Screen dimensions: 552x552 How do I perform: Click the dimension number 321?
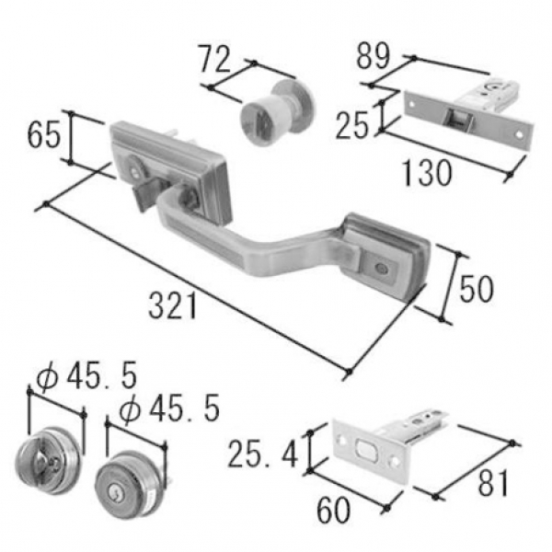pyautogui.click(x=173, y=306)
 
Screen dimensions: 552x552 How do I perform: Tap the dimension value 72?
pyautogui.click(x=214, y=59)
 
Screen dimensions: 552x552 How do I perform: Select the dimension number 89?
pyautogui.click(x=374, y=55)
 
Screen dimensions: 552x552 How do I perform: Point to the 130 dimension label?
pyautogui.click(x=427, y=173)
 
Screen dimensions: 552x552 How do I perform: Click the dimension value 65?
pyautogui.click(x=43, y=135)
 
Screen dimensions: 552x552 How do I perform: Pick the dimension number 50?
pyautogui.click(x=477, y=290)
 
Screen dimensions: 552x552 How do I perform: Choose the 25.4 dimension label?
pyautogui.click(x=263, y=454)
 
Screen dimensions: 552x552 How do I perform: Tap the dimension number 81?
pyautogui.click(x=493, y=483)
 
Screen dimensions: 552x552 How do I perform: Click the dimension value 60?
pyautogui.click(x=333, y=510)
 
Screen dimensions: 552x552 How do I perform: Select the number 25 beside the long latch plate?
pyautogui.click(x=352, y=125)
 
